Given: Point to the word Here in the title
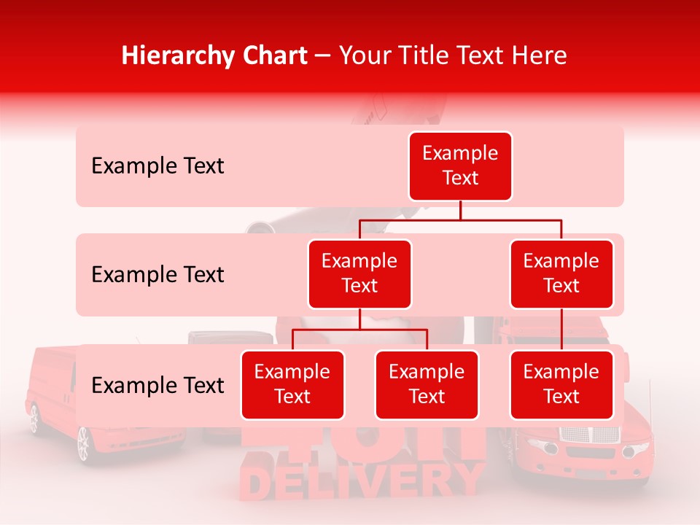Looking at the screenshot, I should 537,55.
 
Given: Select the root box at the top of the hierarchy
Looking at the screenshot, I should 460,166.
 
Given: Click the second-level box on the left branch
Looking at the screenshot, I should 359,274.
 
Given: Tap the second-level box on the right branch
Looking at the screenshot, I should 561,274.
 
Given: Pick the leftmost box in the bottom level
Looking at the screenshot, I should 292,385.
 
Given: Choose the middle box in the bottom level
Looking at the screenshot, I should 427,385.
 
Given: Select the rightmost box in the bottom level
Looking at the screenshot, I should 561,385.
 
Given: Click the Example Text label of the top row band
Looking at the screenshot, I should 157,166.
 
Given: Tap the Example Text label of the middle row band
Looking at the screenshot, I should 157,275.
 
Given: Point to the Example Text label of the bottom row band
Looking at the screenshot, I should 157,386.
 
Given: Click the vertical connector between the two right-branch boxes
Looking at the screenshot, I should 561,330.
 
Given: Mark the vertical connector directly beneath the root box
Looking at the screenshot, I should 460,210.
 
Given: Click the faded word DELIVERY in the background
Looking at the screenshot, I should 362,481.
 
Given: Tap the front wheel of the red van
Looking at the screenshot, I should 83,443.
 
